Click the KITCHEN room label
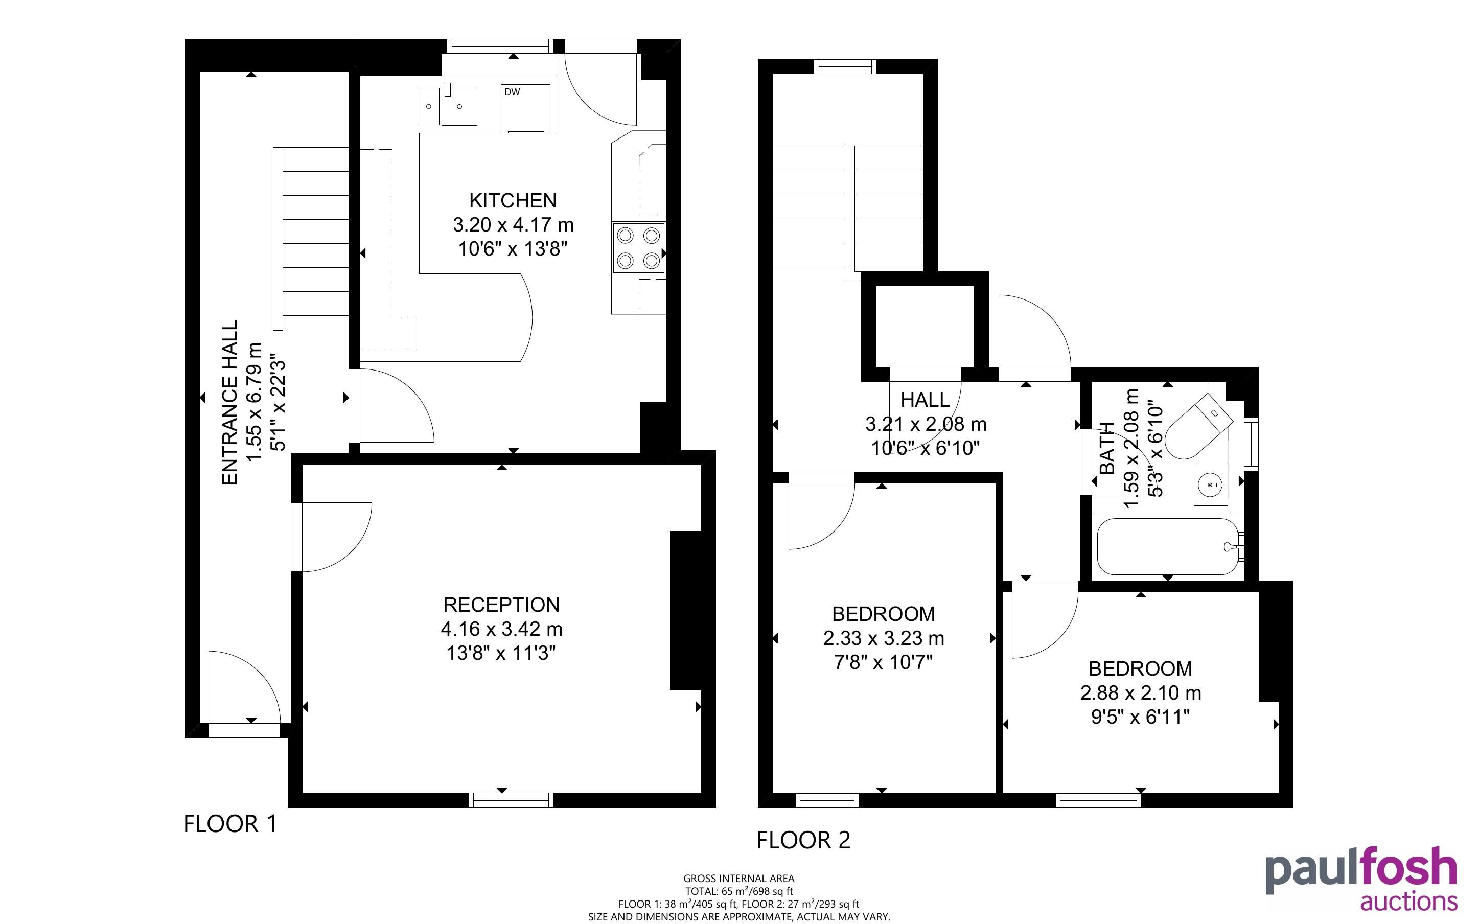[x=513, y=200]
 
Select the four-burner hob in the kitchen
[x=638, y=247]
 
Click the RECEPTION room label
[x=501, y=605]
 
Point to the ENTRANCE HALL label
[x=229, y=403]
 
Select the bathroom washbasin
[x=1210, y=484]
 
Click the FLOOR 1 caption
[x=230, y=824]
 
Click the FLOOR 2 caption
[x=803, y=840]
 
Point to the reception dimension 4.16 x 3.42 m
[x=501, y=629]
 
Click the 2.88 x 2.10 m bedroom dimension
[x=1141, y=693]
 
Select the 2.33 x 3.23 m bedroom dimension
[x=884, y=638]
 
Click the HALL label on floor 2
[x=925, y=400]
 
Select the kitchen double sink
[x=447, y=105]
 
